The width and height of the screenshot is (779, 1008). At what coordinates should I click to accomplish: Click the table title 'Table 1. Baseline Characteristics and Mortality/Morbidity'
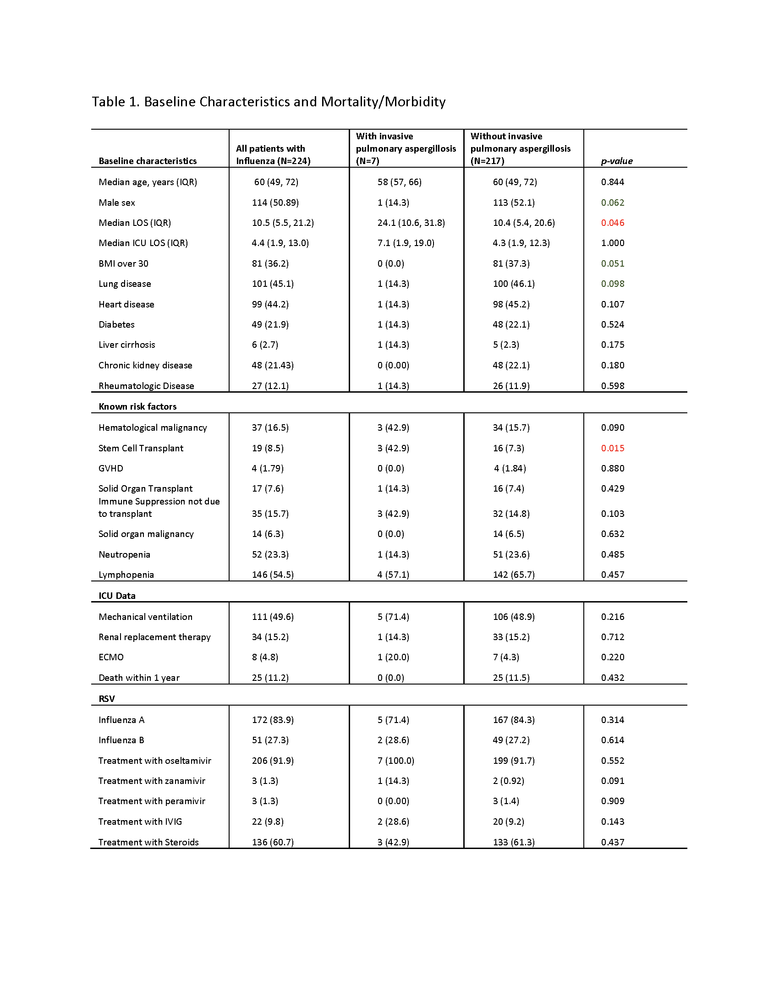point(269,102)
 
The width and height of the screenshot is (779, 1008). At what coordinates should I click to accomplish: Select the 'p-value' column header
point(616,161)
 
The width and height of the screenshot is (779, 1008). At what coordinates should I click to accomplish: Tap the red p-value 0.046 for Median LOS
point(612,223)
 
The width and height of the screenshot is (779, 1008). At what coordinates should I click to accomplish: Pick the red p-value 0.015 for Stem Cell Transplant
point(612,448)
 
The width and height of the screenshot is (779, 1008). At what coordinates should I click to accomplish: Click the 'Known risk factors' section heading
point(137,406)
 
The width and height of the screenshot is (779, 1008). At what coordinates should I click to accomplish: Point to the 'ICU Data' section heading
point(117,596)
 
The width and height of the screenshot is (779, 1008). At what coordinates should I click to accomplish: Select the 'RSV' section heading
point(107,699)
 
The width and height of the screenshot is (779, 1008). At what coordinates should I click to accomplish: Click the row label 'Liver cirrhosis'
point(127,345)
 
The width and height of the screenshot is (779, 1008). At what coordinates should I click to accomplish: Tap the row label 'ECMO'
point(111,657)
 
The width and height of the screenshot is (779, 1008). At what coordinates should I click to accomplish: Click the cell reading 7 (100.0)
point(395,761)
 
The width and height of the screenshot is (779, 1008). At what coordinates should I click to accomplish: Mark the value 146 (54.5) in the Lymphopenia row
point(273,575)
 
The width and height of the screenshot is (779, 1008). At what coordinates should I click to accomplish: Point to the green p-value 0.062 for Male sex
point(612,203)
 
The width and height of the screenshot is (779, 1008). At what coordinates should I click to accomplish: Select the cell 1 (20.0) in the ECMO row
point(393,657)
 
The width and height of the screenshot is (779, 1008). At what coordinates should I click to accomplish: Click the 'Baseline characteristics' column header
point(148,161)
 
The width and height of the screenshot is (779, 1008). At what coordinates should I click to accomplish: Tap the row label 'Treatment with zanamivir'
point(152,781)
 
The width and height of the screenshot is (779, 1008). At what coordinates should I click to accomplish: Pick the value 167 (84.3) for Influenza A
point(514,720)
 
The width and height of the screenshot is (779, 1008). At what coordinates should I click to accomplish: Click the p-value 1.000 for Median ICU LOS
point(612,243)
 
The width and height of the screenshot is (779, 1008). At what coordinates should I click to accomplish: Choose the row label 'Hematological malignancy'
point(153,428)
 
